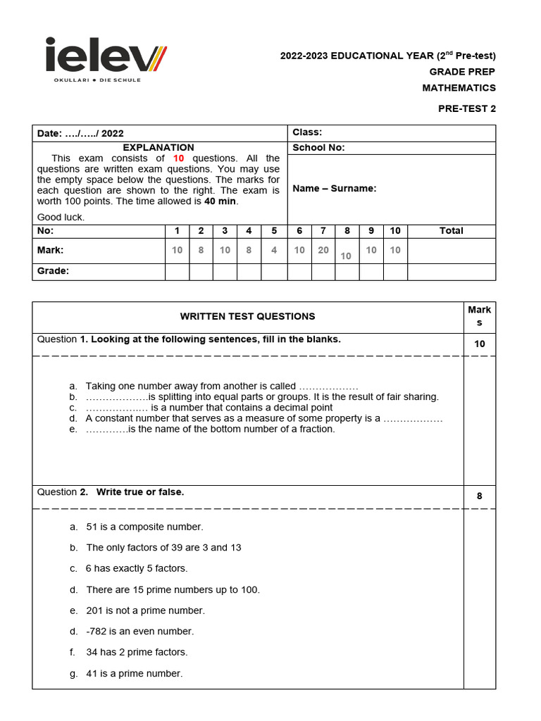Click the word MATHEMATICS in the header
[x=459, y=88]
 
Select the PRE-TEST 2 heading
[x=466, y=109]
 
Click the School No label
[x=318, y=148]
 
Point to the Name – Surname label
[x=334, y=188]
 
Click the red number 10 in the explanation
[x=178, y=158]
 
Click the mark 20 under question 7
[x=323, y=250]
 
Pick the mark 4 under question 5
[x=274, y=250]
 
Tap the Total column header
[x=451, y=230]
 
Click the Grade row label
[x=53, y=271]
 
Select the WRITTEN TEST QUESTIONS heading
[x=247, y=317]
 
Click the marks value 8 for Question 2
[x=479, y=496]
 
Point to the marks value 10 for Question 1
[x=479, y=344]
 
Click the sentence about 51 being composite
[x=144, y=527]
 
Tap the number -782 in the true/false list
[x=99, y=632]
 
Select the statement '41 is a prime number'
[x=134, y=674]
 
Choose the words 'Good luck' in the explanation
[x=61, y=217]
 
